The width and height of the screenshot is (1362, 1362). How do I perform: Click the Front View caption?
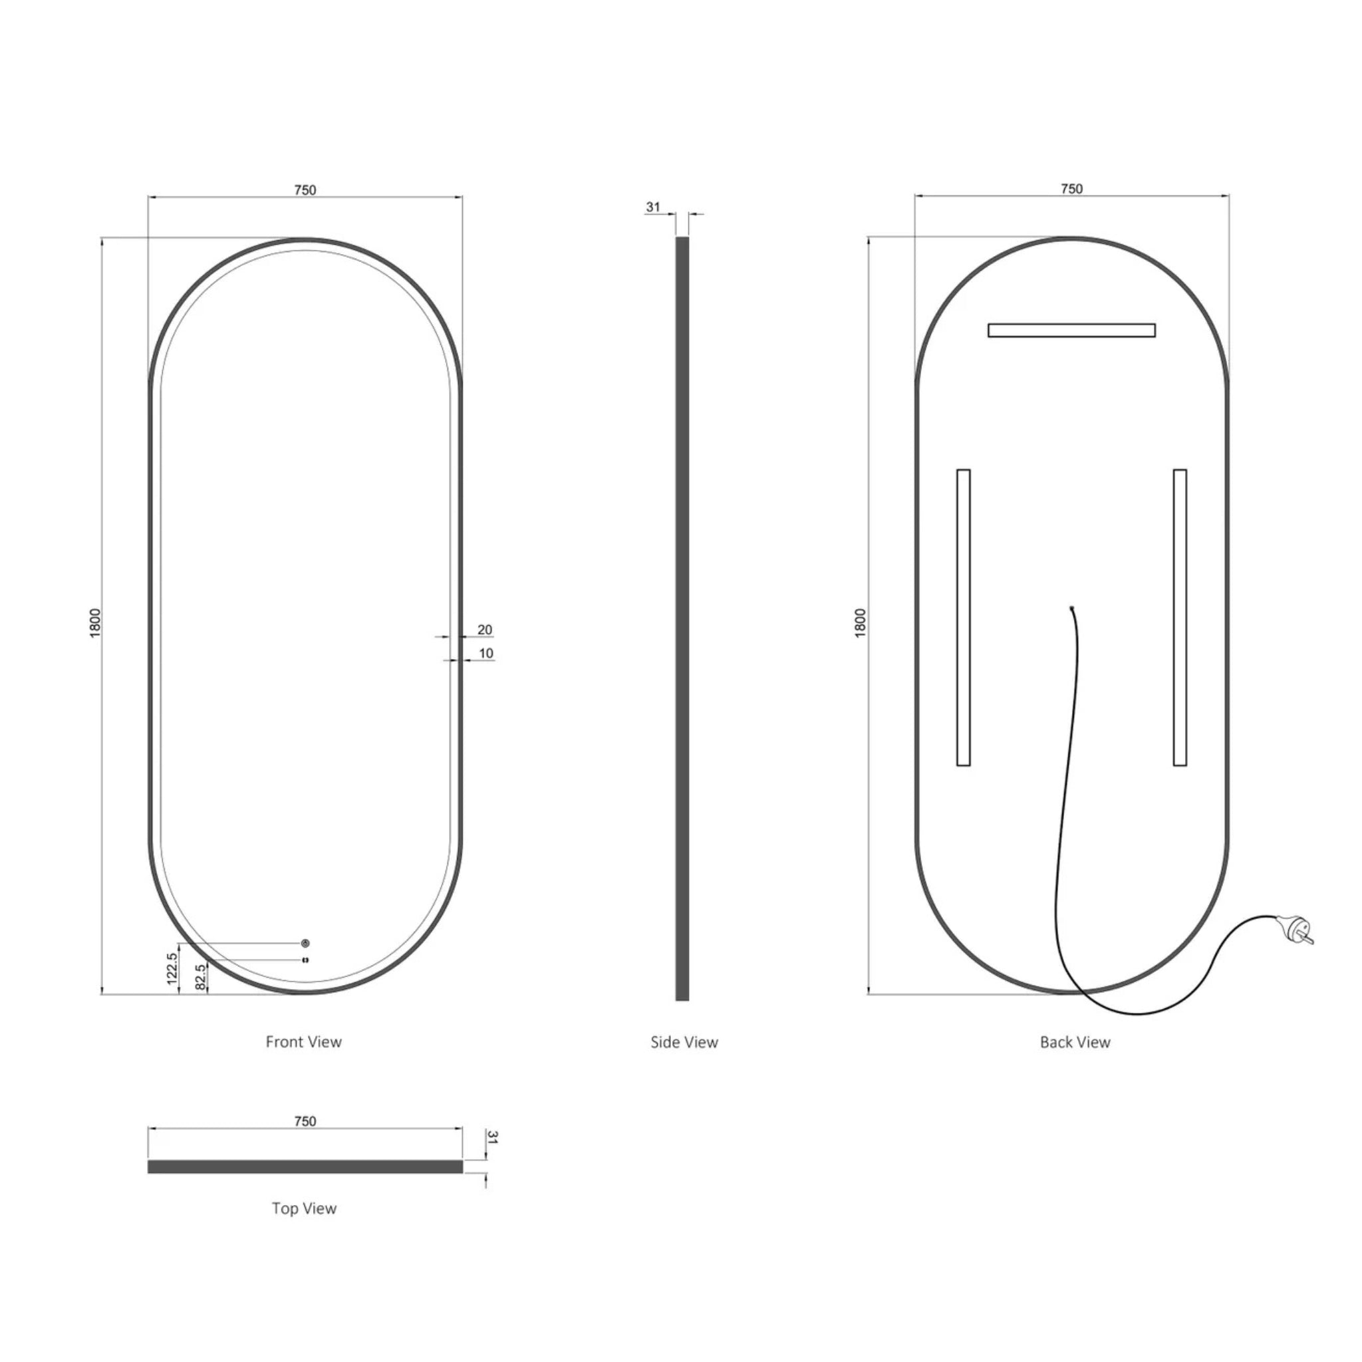click(x=303, y=1041)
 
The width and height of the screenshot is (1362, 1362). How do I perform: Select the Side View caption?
click(x=684, y=1042)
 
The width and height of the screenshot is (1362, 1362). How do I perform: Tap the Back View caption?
click(x=1075, y=1042)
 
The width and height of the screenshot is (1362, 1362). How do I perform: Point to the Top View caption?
click(x=304, y=1208)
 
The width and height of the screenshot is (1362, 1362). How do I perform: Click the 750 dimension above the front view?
click(x=305, y=190)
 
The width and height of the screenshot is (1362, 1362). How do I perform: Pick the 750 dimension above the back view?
click(x=1071, y=188)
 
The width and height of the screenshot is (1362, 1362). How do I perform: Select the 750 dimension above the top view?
click(x=305, y=1121)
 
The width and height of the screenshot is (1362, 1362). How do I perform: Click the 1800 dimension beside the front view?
click(x=96, y=622)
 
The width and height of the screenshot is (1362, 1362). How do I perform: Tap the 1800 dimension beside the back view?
click(x=860, y=622)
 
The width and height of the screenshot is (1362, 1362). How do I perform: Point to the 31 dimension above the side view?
click(x=653, y=207)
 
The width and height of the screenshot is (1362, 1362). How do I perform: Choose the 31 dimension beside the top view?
click(x=493, y=1138)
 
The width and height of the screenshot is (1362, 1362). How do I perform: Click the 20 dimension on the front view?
click(x=485, y=630)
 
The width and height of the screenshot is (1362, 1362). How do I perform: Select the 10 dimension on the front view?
click(x=485, y=654)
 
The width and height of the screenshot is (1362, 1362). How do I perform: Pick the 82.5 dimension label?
click(x=200, y=977)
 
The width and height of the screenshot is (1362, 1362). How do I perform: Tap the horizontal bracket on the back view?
click(x=1071, y=330)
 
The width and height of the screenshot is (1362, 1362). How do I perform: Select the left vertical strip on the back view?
click(x=963, y=617)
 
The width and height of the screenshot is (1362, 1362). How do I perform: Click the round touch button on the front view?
click(x=305, y=943)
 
